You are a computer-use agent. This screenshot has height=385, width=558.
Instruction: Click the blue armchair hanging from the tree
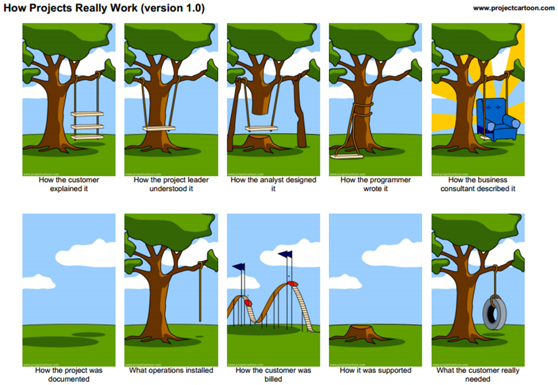497,119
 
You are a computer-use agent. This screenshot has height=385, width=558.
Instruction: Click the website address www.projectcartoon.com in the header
513,8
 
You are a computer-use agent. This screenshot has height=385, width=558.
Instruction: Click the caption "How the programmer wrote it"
375,184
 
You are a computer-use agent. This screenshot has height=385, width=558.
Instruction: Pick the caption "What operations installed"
171,370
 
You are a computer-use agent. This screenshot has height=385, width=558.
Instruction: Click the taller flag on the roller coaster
286,255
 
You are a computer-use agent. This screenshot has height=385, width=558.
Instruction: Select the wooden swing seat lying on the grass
347,156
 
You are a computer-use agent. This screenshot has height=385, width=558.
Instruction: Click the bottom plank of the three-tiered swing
87,137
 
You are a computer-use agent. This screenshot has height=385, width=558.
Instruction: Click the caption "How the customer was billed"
273,374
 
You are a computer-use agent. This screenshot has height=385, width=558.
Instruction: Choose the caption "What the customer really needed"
478,374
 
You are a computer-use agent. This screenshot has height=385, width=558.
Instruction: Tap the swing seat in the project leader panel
159,129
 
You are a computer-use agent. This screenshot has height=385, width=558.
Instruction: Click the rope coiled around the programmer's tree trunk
360,108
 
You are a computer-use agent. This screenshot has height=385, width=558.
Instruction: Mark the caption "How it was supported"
375,370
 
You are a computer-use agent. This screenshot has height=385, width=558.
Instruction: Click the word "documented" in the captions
69,379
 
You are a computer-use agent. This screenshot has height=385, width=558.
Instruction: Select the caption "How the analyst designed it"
273,184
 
